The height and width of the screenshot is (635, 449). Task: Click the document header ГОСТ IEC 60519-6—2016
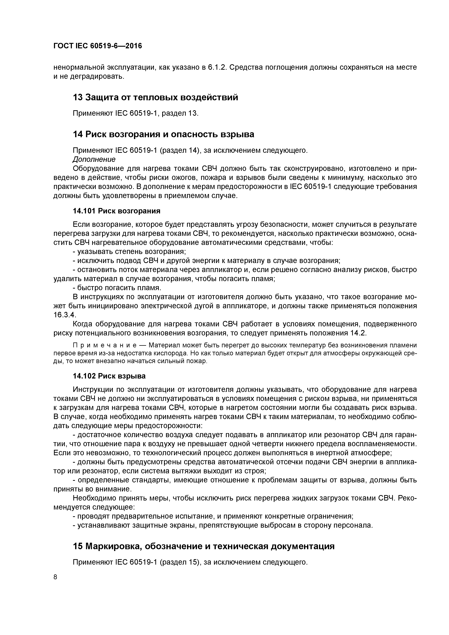pyautogui.click(x=97, y=46)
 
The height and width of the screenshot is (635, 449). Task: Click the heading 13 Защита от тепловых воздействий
pyautogui.click(x=155, y=97)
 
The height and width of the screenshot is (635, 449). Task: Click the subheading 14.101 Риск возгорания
pyautogui.click(x=116, y=211)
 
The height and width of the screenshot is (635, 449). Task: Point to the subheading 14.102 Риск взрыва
pyautogui.click(x=109, y=376)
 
